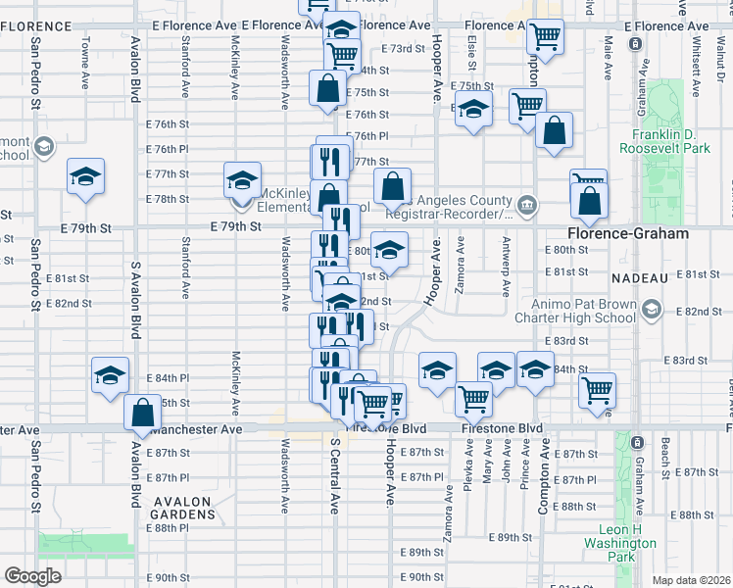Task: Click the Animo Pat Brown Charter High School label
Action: pyautogui.click(x=585, y=310)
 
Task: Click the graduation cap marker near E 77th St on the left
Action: pyautogui.click(x=85, y=178)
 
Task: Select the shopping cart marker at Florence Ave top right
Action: pyautogui.click(x=545, y=37)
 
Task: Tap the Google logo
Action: pyautogui.click(x=33, y=576)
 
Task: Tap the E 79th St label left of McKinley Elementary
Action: pyautogui.click(x=236, y=226)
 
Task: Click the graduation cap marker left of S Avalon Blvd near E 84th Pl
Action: pyautogui.click(x=111, y=374)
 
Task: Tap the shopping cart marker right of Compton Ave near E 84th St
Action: pyautogui.click(x=596, y=390)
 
